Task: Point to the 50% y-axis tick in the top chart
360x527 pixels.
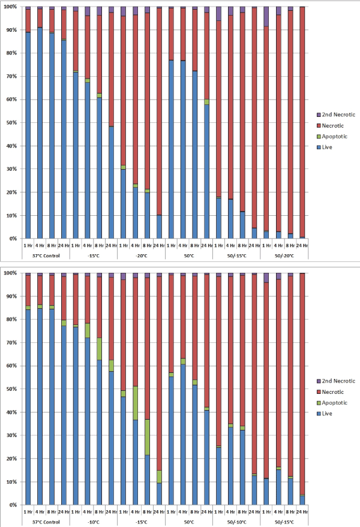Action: click(x=13, y=123)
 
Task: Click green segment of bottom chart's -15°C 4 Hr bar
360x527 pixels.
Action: click(x=136, y=403)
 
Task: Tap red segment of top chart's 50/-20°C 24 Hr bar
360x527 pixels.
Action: click(x=302, y=120)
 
